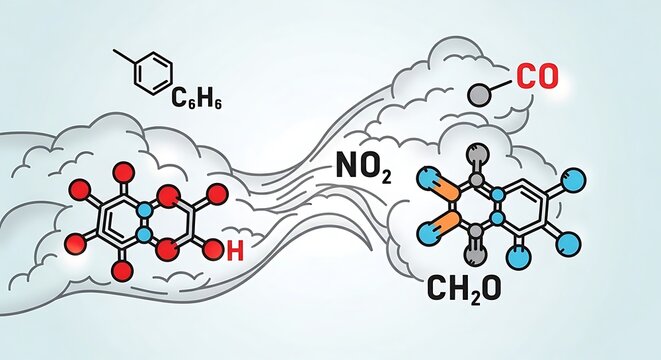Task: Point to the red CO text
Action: click(538, 77)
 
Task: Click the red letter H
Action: click(234, 252)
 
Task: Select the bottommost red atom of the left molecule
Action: click(124, 270)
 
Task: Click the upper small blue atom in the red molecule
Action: click(145, 207)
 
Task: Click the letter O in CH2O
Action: click(500, 290)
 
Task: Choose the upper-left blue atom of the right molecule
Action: click(428, 175)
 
